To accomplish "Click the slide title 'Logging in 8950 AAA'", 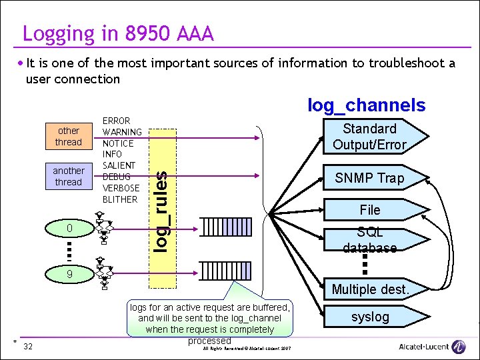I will [x=118, y=33].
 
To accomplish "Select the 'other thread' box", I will [x=68, y=136].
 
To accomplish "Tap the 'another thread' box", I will [x=68, y=176].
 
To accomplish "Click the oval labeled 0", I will [x=68, y=229].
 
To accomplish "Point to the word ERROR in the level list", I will [x=116, y=121].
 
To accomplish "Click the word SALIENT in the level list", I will [x=119, y=165].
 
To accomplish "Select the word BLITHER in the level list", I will [x=119, y=199].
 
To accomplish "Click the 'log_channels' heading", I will [x=365, y=105].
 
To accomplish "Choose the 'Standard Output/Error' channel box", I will [x=369, y=137].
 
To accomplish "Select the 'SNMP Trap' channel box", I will [x=369, y=178].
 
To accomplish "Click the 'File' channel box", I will [x=369, y=210].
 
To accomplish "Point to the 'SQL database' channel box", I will [x=369, y=240].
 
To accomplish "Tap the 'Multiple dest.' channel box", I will [x=369, y=289].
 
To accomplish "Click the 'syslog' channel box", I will [x=369, y=317].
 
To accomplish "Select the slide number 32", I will [x=28, y=346].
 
